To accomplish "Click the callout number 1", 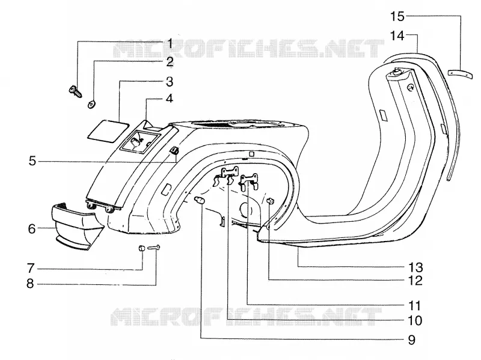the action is click(x=170, y=44).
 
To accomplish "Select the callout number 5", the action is click(x=32, y=161).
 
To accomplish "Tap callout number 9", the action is click(x=412, y=340).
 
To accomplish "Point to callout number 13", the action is click(x=415, y=267).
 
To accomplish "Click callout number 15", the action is click(x=397, y=16).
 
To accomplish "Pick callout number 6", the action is click(x=32, y=229).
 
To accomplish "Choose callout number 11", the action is click(x=414, y=306).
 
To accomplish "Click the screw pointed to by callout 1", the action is click(x=75, y=91).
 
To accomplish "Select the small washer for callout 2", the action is click(x=91, y=105).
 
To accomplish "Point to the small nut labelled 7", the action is click(x=142, y=248).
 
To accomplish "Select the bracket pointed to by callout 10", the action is click(x=227, y=176).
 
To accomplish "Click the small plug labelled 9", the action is click(x=200, y=201).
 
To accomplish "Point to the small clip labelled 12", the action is click(x=270, y=201).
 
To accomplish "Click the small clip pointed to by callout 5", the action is click(x=174, y=150).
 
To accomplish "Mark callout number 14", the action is click(x=397, y=36).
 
